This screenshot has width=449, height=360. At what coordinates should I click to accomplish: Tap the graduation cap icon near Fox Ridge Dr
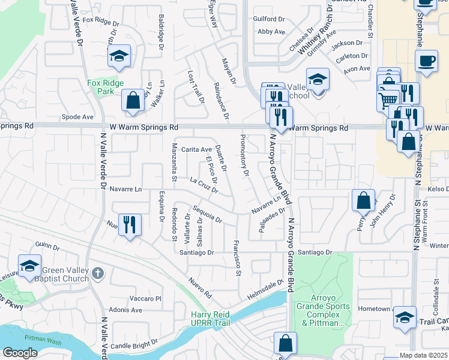click(x=119, y=56)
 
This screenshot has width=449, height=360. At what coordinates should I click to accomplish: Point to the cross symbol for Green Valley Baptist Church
click(x=99, y=274)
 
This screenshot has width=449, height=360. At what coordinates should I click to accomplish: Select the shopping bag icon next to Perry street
click(x=363, y=200)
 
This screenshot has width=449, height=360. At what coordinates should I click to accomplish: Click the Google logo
click(x=20, y=352)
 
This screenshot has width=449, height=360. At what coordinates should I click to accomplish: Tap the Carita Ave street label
click(x=196, y=149)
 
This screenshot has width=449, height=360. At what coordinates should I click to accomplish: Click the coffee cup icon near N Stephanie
click(x=426, y=61)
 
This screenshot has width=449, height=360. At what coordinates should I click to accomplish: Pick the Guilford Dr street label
click(x=269, y=19)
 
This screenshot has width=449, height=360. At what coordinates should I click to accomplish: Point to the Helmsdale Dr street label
click(x=265, y=291)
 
